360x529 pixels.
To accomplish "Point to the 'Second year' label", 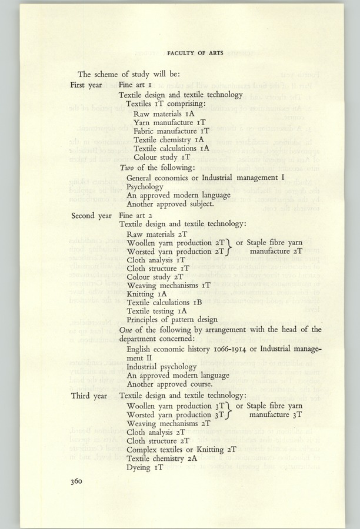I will click(91, 216).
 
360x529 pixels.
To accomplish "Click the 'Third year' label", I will click(89, 396).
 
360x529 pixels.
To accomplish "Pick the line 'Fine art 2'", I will click(136, 216).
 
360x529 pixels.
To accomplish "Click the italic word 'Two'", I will click(126, 168).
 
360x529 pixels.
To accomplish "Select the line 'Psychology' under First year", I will click(145, 186).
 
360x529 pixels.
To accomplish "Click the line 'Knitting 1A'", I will click(147, 293).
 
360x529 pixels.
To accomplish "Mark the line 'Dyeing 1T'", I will click(145, 467).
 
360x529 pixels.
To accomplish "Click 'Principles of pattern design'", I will click(172, 320).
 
